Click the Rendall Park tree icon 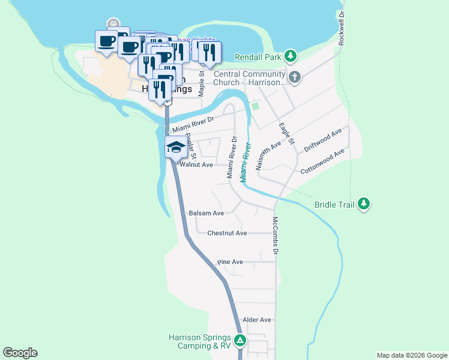pyautogui.click(x=291, y=56)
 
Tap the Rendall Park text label pyautogui.click(x=259, y=57)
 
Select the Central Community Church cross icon pyautogui.click(x=294, y=77)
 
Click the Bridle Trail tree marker pyautogui.click(x=364, y=204)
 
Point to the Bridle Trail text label pyautogui.click(x=334, y=205)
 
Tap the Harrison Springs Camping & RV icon pyautogui.click(x=240, y=341)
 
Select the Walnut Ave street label pyautogui.click(x=196, y=164)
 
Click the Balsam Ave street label pyautogui.click(x=206, y=213)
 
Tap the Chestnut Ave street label pyautogui.click(x=227, y=233)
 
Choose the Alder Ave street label pyautogui.click(x=256, y=320)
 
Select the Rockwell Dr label pyautogui.click(x=341, y=28)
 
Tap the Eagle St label pyautogui.click(x=286, y=134)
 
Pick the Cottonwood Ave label pyautogui.click(x=322, y=161)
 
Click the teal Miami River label pyautogui.click(x=245, y=162)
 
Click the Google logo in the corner pyautogui.click(x=20, y=353)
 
